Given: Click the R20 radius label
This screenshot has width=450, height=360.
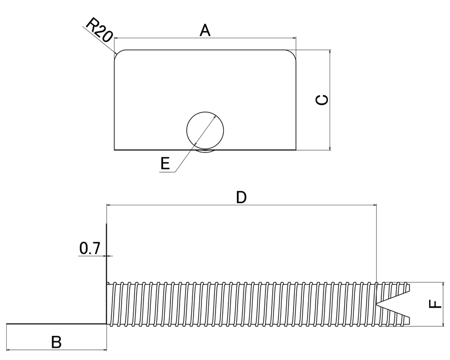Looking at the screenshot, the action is [99, 30].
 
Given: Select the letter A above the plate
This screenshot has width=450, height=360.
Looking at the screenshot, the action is [205, 31].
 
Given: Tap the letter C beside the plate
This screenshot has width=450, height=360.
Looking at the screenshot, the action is [322, 100].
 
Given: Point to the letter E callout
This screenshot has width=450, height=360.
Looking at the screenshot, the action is [165, 164].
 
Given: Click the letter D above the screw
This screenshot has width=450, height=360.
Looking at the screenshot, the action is [241, 197].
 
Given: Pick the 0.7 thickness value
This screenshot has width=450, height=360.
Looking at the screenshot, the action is [90, 249].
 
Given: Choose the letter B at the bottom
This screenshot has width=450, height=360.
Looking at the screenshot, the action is [56, 342].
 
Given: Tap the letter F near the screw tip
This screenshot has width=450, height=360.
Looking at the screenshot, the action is [435, 304].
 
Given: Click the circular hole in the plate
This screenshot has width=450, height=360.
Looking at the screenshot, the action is [205, 112].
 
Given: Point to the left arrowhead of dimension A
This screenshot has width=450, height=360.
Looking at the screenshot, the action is [116, 38].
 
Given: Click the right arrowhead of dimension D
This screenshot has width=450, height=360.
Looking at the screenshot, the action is [374, 205].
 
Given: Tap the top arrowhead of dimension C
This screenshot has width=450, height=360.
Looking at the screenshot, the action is [330, 52].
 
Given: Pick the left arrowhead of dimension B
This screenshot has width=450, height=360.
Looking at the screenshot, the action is [8, 350].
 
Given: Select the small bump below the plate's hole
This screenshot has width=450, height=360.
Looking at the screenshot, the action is [205, 151].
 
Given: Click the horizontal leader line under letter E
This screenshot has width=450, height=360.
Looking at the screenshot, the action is [167, 172].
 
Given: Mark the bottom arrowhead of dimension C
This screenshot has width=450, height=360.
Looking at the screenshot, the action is [330, 147].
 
